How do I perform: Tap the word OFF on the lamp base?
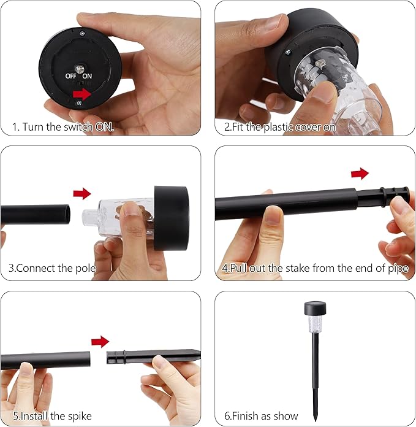coord(70,76)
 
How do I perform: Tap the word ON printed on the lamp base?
coord(87,76)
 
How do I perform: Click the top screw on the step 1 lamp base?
coord(82,34)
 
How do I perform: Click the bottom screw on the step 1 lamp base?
coord(79,103)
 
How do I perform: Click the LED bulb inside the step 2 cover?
coord(319,64)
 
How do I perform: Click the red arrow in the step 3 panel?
coord(82,194)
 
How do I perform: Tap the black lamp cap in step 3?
coord(172,218)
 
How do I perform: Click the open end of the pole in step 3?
coord(66,214)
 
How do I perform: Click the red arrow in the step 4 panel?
coord(360,174)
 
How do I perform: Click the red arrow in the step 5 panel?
coord(100,342)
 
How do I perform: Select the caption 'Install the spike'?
coord(52,416)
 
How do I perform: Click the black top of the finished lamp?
coord(315,308)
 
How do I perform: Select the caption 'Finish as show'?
coord(261,416)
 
